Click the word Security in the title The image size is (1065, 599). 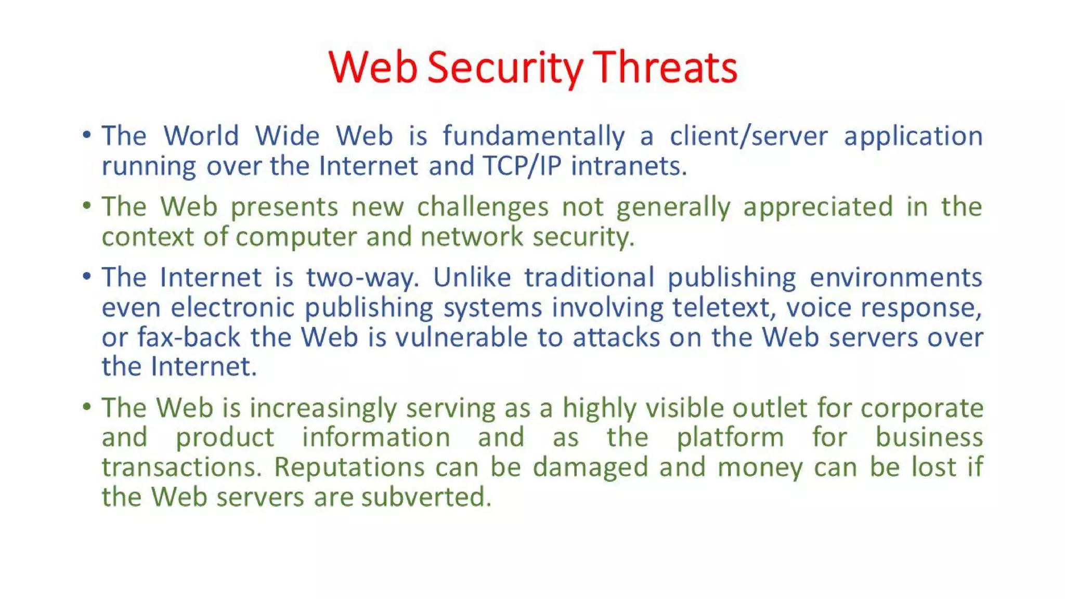click(505, 68)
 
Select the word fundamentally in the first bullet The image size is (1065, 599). click(534, 136)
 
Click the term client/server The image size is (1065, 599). click(748, 136)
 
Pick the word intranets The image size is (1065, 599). click(629, 166)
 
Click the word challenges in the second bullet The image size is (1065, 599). click(483, 207)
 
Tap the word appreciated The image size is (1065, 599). click(818, 207)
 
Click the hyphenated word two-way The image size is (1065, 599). click(362, 278)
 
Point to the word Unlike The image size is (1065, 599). click(472, 277)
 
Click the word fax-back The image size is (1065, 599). click(189, 337)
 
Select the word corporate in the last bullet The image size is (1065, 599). click(921, 408)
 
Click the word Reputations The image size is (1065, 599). click(349, 467)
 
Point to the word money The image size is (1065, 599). click(760, 467)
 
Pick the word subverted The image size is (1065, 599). click(426, 497)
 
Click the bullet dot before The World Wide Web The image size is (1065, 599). click(87, 135)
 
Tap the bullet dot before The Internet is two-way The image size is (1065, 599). click(87, 276)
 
